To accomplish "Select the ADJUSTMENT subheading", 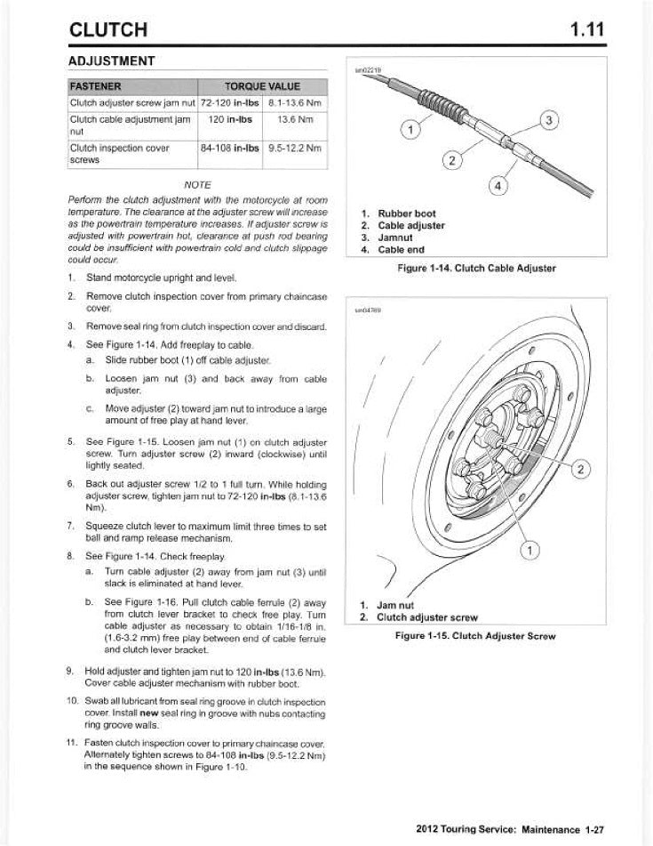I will (112, 61).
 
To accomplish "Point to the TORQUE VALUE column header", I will (262, 86).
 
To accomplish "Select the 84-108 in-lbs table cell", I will (229, 148).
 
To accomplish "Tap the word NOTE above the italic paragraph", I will (197, 183).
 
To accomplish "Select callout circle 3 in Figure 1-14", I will (550, 120).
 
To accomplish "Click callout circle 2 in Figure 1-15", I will (581, 469).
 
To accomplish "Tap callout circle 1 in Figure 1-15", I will (530, 551).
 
